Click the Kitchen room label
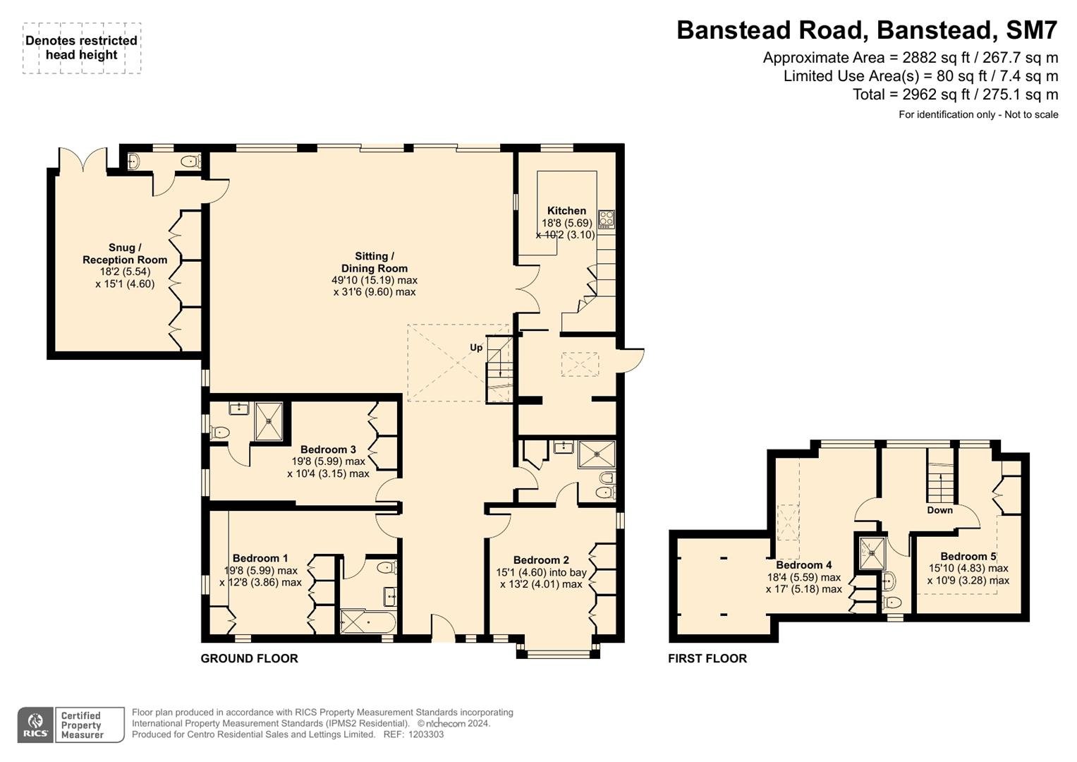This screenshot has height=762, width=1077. [x=566, y=211]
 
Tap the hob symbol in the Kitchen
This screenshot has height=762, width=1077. [x=607, y=219]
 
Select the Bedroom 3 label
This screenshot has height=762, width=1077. [x=328, y=449]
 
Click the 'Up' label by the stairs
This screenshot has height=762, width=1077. [x=476, y=347]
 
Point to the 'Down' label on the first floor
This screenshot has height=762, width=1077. [x=940, y=510]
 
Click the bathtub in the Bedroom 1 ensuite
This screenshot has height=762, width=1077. [x=367, y=622]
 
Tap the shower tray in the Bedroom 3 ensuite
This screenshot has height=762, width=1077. [x=269, y=421]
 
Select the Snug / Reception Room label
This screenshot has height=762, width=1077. [x=125, y=253]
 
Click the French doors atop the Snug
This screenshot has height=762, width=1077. [x=83, y=159]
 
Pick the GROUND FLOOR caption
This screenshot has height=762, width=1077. [x=249, y=658]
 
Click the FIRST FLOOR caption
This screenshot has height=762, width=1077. [x=707, y=658]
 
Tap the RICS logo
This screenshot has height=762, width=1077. [x=35, y=725]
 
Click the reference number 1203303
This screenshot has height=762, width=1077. [x=425, y=734]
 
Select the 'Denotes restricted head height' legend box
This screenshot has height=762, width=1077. [x=82, y=48]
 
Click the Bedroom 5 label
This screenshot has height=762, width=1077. [x=968, y=557]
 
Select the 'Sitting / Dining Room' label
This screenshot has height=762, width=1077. [x=374, y=262]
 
